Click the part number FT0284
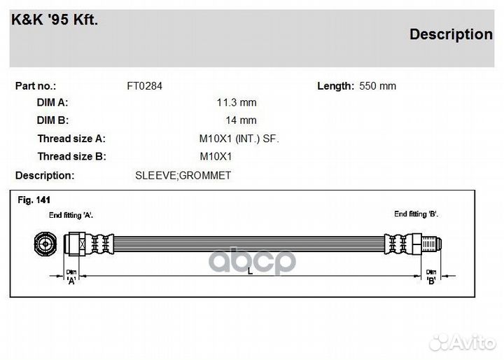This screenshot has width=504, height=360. [145, 86]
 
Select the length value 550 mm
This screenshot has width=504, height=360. [378, 86]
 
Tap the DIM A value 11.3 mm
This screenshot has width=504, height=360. [237, 103]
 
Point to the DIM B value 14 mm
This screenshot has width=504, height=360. [241, 120]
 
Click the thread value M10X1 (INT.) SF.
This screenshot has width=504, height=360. [239, 139]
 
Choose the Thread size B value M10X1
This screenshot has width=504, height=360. [216, 156]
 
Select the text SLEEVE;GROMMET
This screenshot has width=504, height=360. [183, 176]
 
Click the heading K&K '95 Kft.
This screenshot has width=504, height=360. [55, 20]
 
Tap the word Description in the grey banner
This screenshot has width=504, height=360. [451, 34]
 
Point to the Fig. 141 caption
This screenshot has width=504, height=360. [34, 200]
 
